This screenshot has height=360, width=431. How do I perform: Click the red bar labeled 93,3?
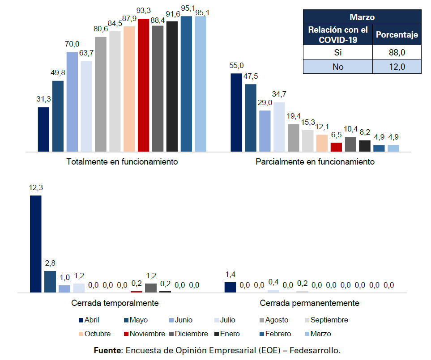tap(143, 85)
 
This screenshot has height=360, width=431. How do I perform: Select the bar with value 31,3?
tap(43, 129)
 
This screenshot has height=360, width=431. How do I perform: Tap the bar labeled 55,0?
tap(236, 112)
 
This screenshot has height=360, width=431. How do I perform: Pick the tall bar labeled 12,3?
tap(36, 244)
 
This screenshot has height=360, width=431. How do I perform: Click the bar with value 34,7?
tap(279, 127)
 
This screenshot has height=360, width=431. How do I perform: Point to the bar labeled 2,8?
tap(50, 281)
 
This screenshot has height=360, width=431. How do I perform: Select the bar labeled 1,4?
tap(230, 287)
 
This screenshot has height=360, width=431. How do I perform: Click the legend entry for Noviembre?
tap(145, 334)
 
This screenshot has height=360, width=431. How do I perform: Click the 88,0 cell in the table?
tap(397, 52)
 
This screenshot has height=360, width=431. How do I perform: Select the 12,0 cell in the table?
tap(397, 67)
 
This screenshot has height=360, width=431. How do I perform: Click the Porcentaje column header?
tap(397, 34)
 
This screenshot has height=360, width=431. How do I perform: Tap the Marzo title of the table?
tap(362, 17)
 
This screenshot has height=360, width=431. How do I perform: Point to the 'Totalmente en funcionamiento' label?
tap(122, 161)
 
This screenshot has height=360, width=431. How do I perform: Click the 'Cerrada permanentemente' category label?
tap(309, 303)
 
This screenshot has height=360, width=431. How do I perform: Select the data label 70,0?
tap(72, 44)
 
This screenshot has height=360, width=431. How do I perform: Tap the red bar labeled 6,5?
tap(336, 147)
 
